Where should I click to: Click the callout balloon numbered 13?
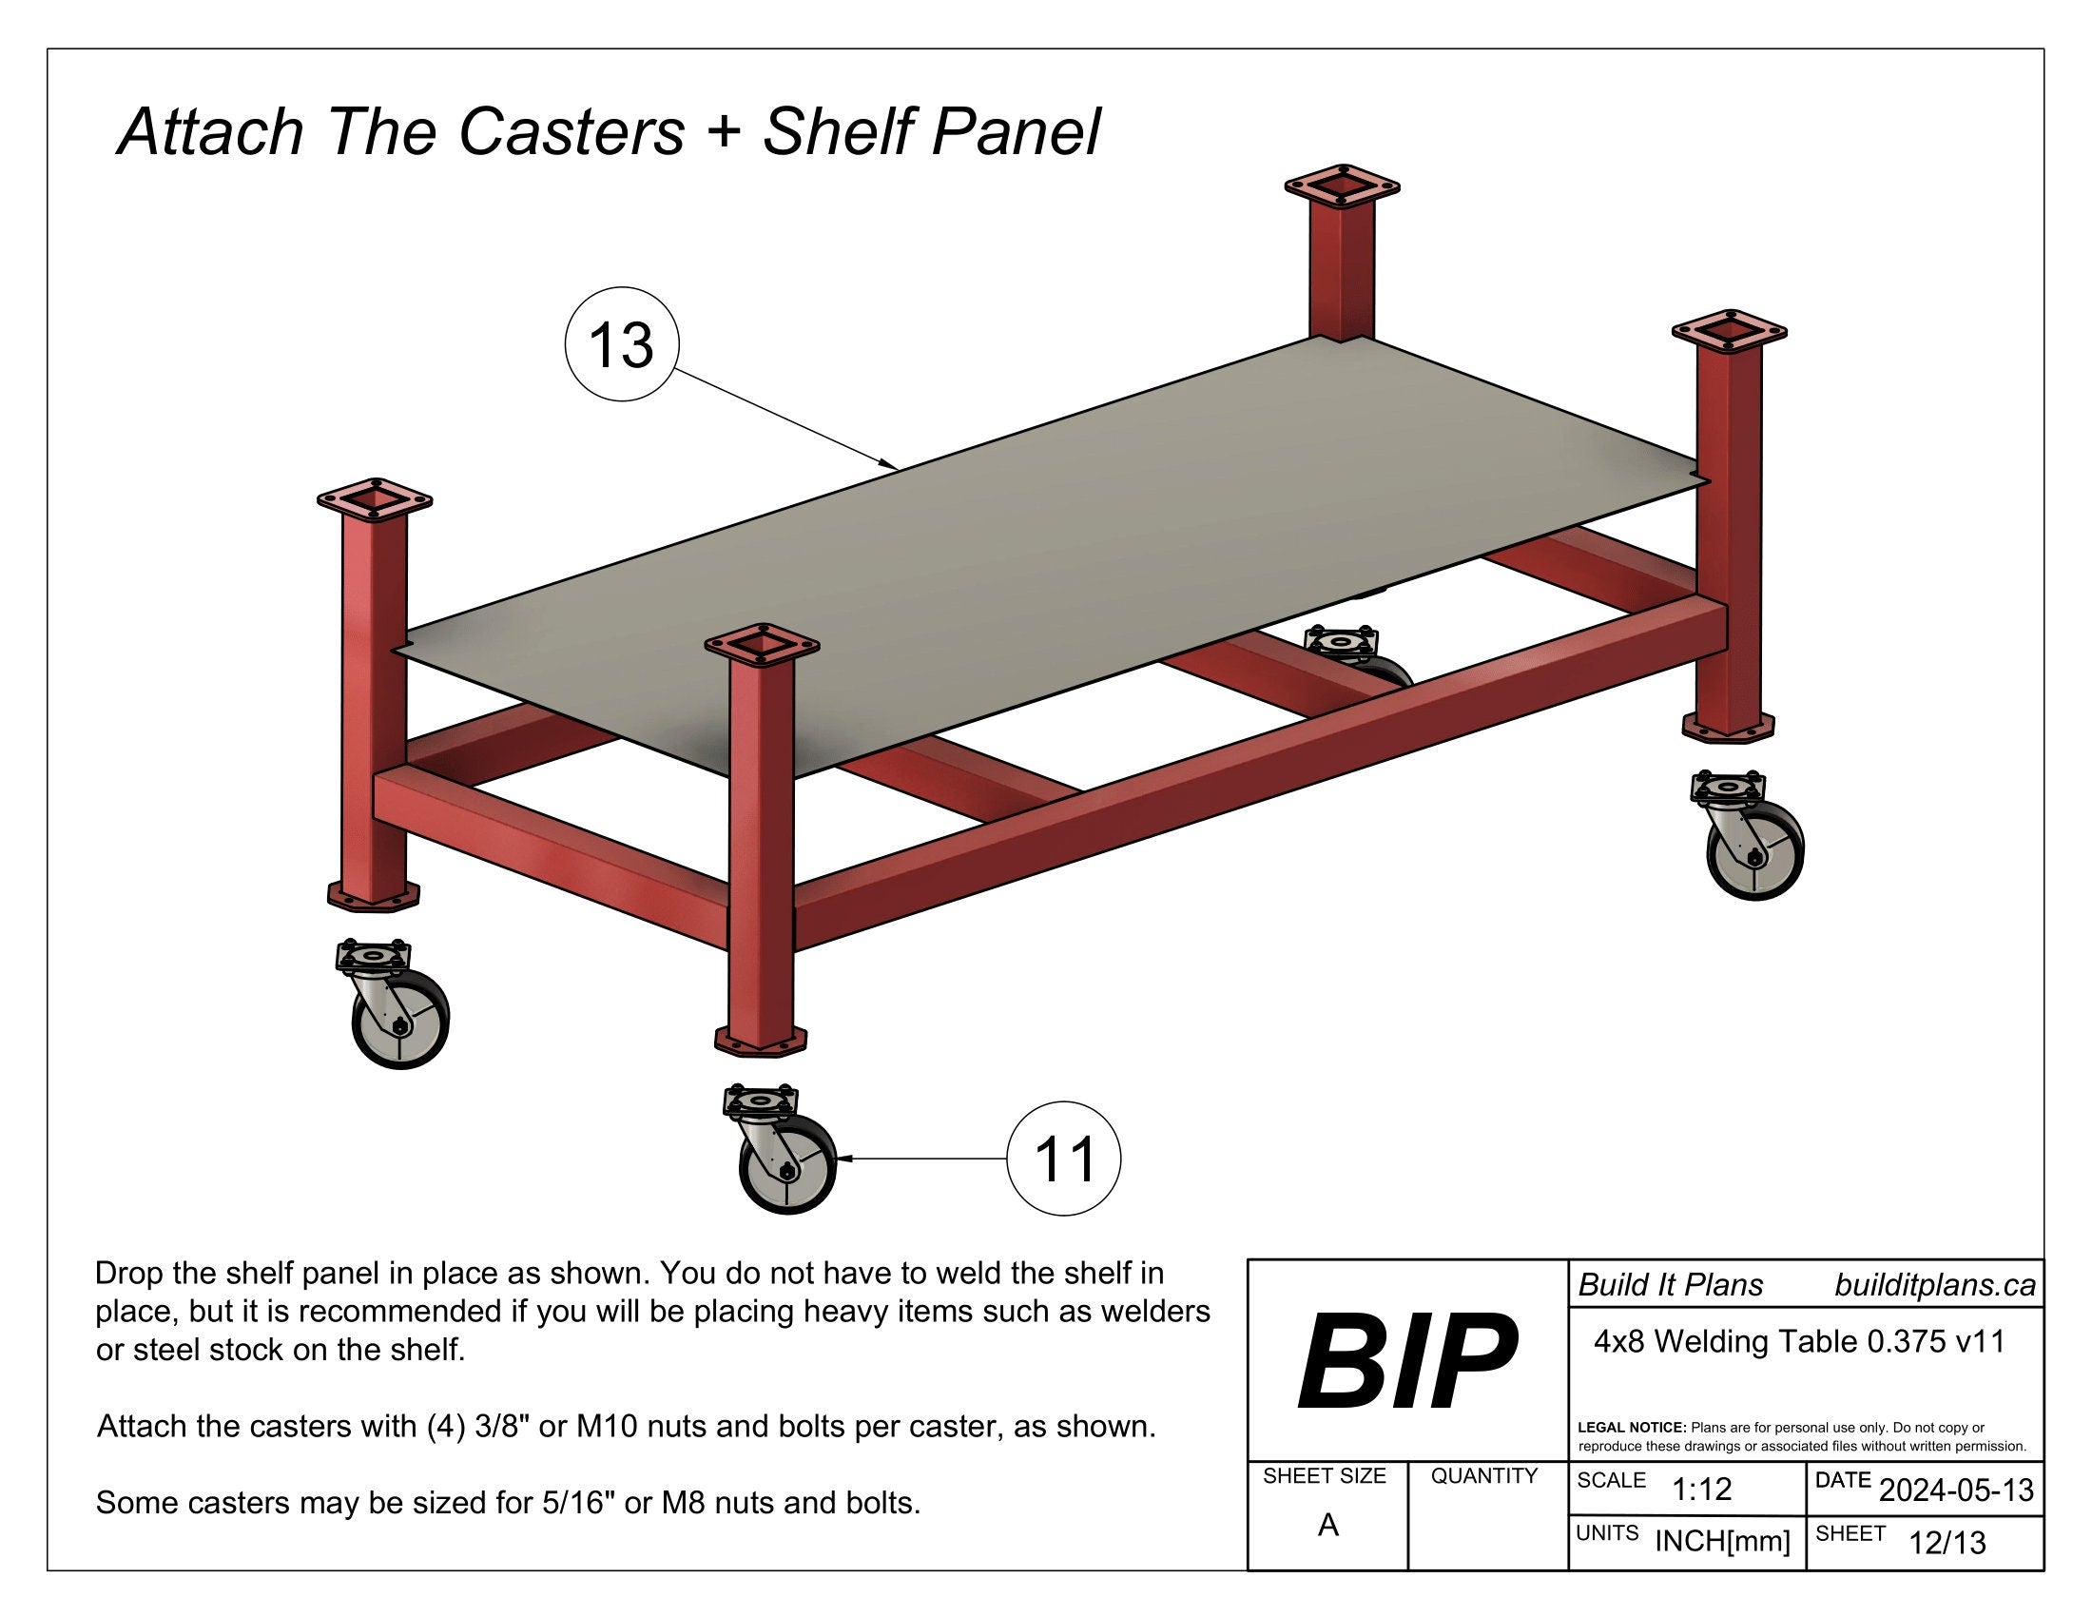[622, 344]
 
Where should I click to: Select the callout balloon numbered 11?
[1063, 1159]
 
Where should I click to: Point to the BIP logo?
[1406, 1362]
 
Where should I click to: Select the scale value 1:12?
[1701, 1489]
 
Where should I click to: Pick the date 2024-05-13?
[1956, 1490]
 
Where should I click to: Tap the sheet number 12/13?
[1947, 1543]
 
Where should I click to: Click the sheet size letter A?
[1327, 1525]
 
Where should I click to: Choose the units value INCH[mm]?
[1722, 1541]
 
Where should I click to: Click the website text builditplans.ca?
[1934, 1285]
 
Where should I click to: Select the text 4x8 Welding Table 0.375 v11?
[1799, 1342]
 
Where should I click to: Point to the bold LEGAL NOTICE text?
[1631, 1428]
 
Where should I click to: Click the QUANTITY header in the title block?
[1483, 1476]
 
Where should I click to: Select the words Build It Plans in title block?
[1671, 1285]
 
